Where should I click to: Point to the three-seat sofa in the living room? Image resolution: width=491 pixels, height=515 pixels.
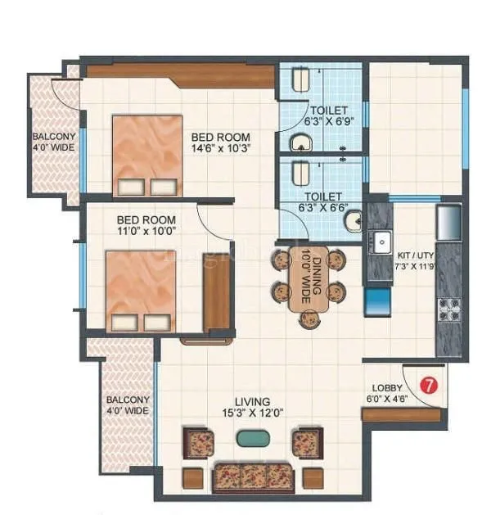point(253,477)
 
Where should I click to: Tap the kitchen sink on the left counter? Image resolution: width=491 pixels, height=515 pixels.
point(381,242)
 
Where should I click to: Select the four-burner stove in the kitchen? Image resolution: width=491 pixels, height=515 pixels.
point(450,309)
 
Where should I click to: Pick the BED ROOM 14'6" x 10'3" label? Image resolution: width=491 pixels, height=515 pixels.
point(221,143)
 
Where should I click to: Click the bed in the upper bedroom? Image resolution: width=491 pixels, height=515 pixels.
point(147,156)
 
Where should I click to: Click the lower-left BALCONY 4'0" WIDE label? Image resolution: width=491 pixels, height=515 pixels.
point(127,406)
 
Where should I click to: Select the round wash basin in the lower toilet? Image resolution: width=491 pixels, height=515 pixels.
point(353,221)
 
